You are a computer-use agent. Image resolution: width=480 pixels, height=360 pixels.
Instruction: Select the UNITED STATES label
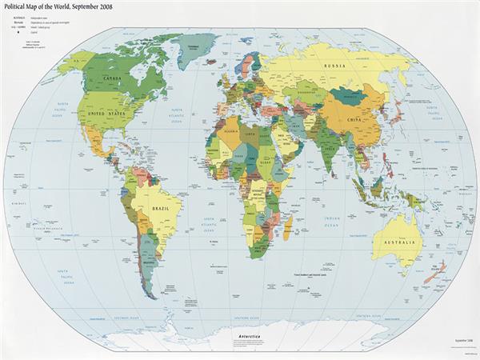click(x=106, y=114)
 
